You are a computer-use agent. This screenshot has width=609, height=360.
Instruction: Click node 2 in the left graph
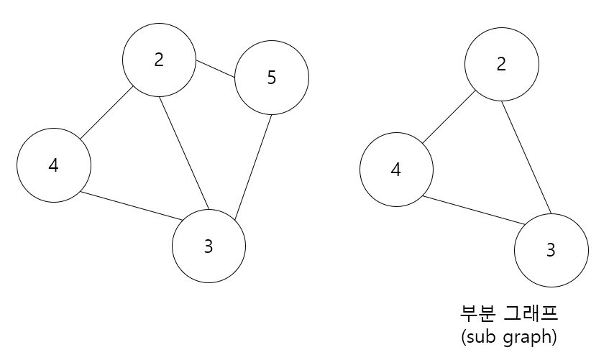tap(159, 60)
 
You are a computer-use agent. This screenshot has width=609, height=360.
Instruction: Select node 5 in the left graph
tap(271, 78)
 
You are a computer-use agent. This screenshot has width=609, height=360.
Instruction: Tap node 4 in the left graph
tap(54, 165)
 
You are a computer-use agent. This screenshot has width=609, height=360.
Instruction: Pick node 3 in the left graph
tap(209, 246)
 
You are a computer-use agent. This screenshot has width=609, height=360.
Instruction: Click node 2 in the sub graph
tap(501, 65)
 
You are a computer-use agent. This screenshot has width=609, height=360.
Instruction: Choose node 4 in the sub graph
tap(396, 170)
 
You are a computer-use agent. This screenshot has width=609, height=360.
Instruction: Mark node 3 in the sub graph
tap(551, 251)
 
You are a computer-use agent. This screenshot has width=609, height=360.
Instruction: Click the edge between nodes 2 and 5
tap(216, 69)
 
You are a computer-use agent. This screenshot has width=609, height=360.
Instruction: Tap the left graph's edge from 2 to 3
tap(184, 153)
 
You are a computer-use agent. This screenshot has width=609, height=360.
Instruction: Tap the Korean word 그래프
tap(532, 314)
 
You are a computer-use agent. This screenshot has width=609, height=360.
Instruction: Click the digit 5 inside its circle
tap(271, 78)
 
